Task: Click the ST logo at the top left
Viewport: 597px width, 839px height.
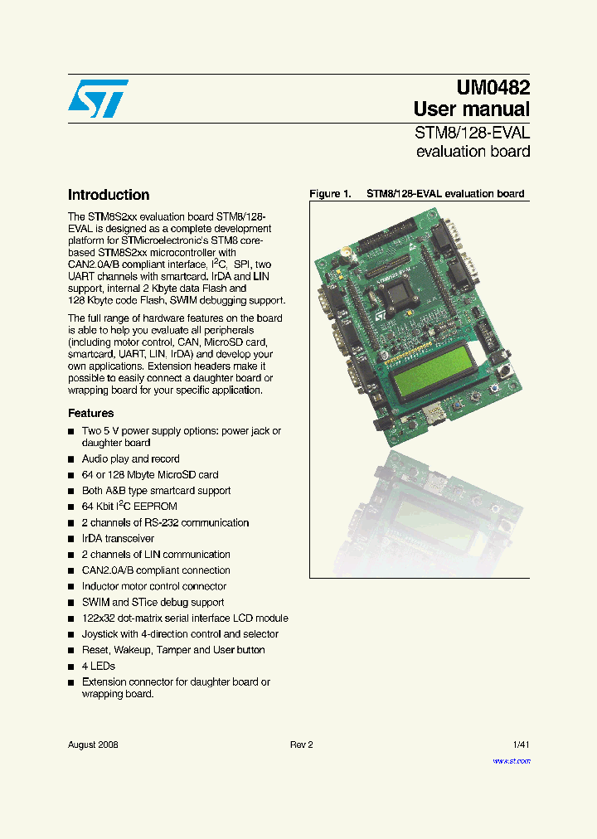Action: click(98, 99)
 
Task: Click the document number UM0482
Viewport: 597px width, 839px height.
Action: click(493, 87)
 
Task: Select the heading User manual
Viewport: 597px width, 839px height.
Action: click(471, 109)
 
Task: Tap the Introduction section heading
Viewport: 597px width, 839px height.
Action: click(109, 196)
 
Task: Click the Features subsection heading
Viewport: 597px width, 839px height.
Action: click(90, 413)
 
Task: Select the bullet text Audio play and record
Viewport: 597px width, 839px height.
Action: click(130, 458)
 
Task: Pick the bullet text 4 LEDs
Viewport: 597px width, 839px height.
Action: click(98, 667)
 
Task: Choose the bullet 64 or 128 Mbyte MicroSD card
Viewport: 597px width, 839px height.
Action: click(150, 475)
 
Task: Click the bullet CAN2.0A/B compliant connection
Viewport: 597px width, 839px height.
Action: click(156, 570)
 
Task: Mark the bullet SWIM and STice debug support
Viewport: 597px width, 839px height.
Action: click(153, 603)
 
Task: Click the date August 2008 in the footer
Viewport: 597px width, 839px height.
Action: click(93, 744)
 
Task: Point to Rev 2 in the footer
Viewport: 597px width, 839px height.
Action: click(301, 744)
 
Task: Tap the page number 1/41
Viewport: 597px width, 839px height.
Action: click(521, 744)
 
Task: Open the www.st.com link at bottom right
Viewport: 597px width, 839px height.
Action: click(511, 761)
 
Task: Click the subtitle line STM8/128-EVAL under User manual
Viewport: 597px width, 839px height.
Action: click(472, 133)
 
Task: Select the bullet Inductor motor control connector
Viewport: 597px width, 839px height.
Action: click(153, 587)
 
